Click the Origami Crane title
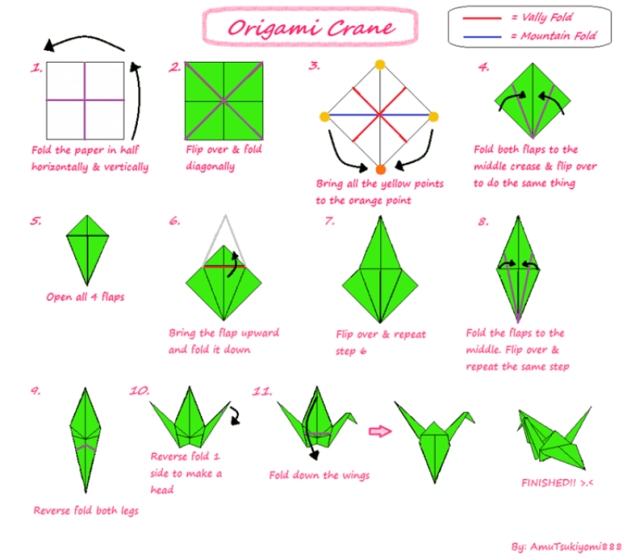tap(310, 27)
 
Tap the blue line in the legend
tap(480, 36)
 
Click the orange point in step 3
tap(381, 169)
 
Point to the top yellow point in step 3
tap(381, 64)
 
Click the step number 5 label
tap(36, 221)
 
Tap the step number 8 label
tap(484, 222)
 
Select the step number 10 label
tap(139, 390)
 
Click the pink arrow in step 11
tap(379, 430)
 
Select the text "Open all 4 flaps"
tap(85, 297)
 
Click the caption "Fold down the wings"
tap(319, 475)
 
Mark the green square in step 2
tap(224, 100)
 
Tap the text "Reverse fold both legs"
tap(87, 511)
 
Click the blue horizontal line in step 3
tap(353, 117)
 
